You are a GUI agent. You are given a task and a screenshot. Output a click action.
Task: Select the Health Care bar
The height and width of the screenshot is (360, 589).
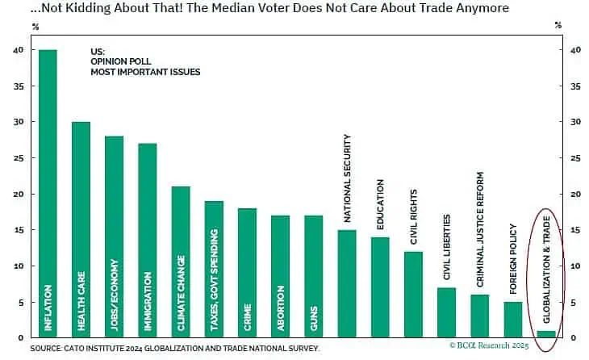pos(81,230)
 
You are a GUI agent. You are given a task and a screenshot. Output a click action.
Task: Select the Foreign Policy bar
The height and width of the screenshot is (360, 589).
pos(512,320)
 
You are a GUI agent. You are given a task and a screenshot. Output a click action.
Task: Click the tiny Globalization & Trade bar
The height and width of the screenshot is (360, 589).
pos(546,334)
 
